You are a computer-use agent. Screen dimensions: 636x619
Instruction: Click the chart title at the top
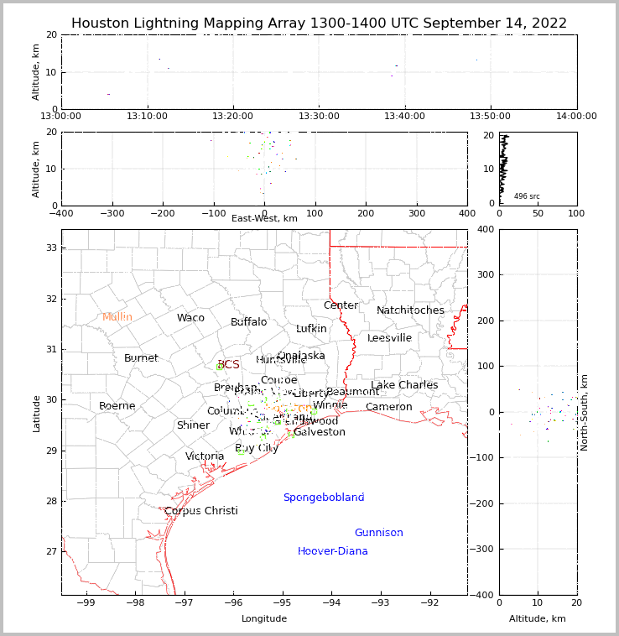319,23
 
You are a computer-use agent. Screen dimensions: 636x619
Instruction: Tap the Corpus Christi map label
200,511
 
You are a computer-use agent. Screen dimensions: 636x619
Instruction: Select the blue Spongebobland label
323,498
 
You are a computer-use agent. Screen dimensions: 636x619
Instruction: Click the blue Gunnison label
378,533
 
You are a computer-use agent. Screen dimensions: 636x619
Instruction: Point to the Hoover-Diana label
332,551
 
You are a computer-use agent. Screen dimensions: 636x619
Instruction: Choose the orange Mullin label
117,317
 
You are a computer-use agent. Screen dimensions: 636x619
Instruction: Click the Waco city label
190,318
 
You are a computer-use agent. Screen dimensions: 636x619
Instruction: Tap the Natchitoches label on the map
410,310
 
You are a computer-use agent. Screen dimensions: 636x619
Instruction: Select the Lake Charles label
404,385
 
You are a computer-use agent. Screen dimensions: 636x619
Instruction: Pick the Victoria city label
205,456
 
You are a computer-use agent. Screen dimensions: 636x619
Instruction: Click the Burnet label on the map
141,358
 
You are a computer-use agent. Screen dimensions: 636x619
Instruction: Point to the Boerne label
117,406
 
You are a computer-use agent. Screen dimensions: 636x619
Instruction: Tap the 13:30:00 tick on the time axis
319,116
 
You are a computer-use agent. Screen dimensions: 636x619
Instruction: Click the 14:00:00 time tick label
576,116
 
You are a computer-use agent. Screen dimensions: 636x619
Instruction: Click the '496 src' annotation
527,196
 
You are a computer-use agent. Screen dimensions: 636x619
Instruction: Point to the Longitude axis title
264,618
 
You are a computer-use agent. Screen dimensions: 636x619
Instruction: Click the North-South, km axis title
585,412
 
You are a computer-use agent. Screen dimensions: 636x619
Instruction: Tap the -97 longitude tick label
184,602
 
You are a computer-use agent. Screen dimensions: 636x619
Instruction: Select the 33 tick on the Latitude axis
50,248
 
